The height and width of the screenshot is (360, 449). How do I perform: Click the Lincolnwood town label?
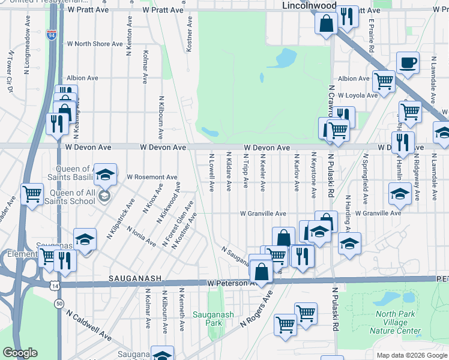pos(309,5)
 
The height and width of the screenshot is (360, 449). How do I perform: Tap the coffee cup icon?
pos(408,63)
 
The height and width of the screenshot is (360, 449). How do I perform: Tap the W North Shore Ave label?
pos(96,44)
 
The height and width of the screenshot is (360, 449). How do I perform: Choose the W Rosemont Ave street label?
pos(152,178)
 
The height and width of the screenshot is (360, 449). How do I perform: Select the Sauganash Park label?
pos(208,318)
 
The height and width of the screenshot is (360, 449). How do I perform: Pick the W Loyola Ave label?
pos(357,95)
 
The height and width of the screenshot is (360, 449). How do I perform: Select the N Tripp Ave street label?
pos(246,170)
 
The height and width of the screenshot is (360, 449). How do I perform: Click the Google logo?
pos(20,353)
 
